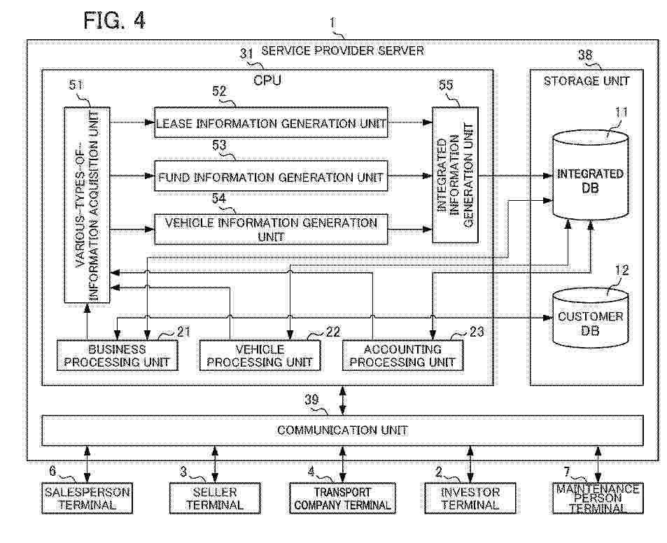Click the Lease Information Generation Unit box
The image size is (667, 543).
pyautogui.click(x=271, y=122)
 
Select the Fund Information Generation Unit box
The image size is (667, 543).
pyautogui.click(x=271, y=176)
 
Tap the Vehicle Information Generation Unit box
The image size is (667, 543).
pyautogui.click(x=271, y=230)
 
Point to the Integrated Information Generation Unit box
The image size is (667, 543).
pyautogui.click(x=455, y=175)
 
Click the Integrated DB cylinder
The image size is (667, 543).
pyautogui.click(x=590, y=175)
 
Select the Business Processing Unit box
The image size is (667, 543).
pyautogui.click(x=117, y=355)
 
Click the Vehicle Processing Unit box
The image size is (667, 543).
pyautogui.click(x=260, y=355)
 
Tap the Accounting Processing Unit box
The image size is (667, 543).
pyautogui.click(x=403, y=355)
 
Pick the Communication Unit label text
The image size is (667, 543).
pyautogui.click(x=342, y=430)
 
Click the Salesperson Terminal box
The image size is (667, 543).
pyautogui.click(x=87, y=498)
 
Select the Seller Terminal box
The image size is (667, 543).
pyautogui.click(x=215, y=498)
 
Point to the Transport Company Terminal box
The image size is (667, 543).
pyautogui.click(x=342, y=498)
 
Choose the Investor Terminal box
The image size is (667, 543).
pyautogui.click(x=470, y=498)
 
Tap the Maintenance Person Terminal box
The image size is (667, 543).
pyautogui.click(x=598, y=498)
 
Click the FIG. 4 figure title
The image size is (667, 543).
pyautogui.click(x=114, y=20)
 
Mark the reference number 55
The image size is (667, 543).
pyautogui.click(x=446, y=85)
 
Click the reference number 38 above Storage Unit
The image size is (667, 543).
pyautogui.click(x=585, y=55)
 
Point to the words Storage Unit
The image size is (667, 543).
pyautogui.click(x=587, y=80)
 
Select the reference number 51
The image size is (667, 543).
pyautogui.click(x=76, y=85)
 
